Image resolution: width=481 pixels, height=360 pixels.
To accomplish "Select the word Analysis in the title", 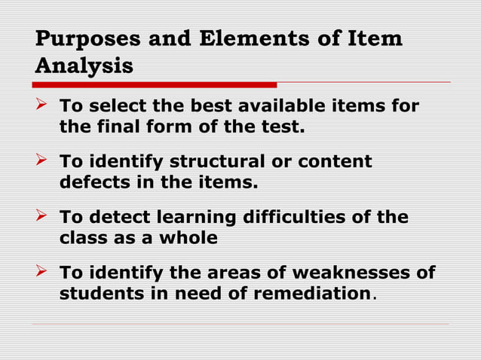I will point(84,66).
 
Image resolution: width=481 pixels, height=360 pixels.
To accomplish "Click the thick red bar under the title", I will point(155,84).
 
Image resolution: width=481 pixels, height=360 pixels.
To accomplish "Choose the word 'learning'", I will point(195,218).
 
